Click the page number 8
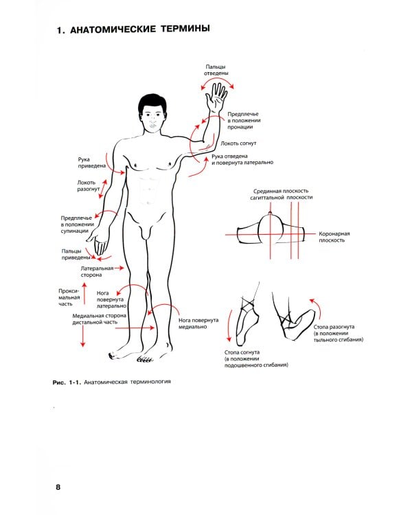tap(58, 487)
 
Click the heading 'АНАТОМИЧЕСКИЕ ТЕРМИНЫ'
tap(140, 30)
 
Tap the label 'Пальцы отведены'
tap(216, 70)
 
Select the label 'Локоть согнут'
tap(238, 144)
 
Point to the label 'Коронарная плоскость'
tap(334, 237)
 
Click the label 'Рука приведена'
tap(92, 163)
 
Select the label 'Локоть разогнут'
tap(89, 186)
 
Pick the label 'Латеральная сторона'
tap(97, 271)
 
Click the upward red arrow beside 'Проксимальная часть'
tap(84, 293)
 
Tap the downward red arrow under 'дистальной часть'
tap(82, 336)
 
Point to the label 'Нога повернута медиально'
tap(198, 323)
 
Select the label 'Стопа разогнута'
tap(334, 327)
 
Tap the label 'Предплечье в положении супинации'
tap(77, 225)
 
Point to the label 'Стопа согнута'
tap(242, 352)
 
